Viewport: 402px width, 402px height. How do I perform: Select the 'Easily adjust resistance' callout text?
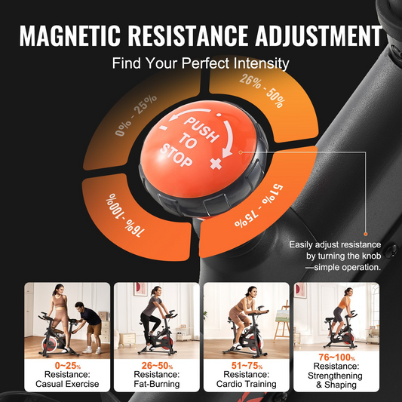[x=336, y=256]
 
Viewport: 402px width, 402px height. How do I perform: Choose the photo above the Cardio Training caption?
[x=246, y=318]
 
